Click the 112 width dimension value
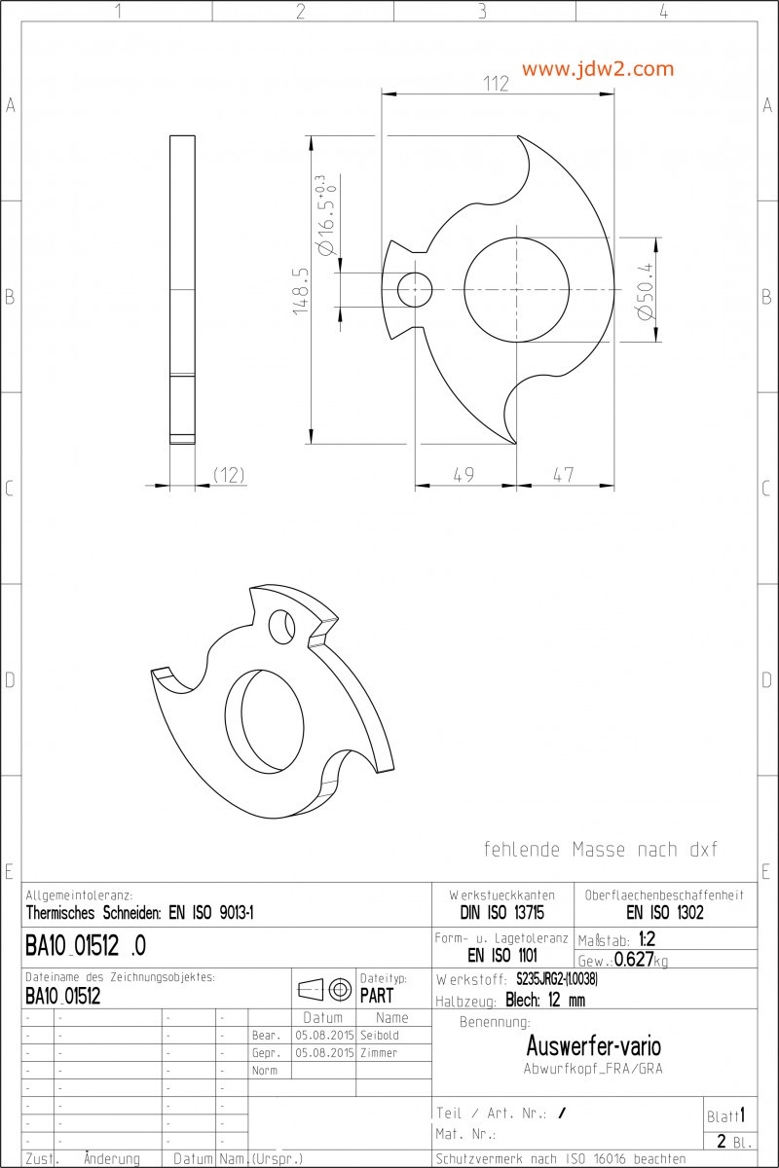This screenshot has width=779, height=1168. (x=497, y=84)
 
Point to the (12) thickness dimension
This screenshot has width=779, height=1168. (x=228, y=475)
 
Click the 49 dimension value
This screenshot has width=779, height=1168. (x=464, y=475)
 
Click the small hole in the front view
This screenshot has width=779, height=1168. (x=415, y=290)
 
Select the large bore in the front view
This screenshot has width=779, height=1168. (x=516, y=290)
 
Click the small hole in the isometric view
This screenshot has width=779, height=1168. (x=283, y=625)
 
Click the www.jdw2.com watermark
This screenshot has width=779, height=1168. (x=598, y=69)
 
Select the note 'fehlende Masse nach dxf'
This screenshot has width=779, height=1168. (x=601, y=850)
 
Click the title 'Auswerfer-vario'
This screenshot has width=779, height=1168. (x=593, y=1046)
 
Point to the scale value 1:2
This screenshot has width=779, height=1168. (x=646, y=940)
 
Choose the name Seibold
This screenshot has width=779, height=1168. (x=380, y=1036)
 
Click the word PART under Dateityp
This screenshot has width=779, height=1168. (x=377, y=997)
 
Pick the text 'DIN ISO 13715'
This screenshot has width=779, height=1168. (x=502, y=913)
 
